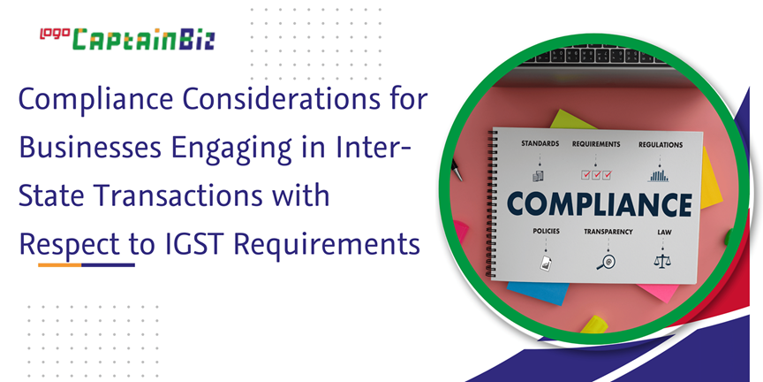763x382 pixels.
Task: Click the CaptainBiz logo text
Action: [x=144, y=40]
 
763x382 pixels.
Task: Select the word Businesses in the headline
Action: [x=90, y=149]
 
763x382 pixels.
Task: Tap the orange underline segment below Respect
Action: [x=60, y=265]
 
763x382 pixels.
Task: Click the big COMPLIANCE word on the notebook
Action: [x=600, y=203]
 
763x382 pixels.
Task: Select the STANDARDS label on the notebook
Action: [x=540, y=144]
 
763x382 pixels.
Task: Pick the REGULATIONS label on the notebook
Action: [x=661, y=145]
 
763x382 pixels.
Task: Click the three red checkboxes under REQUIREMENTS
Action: [x=596, y=174]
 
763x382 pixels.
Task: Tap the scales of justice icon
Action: [x=662, y=261]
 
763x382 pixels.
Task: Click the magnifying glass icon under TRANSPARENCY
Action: [x=606, y=262]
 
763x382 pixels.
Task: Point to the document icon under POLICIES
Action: [x=546, y=263]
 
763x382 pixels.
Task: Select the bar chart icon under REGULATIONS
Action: [x=658, y=175]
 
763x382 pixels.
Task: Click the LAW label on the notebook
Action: [x=664, y=232]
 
